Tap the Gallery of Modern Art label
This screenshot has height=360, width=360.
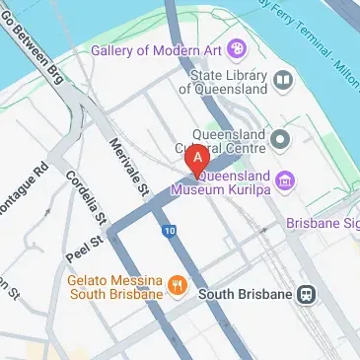(x=156, y=50)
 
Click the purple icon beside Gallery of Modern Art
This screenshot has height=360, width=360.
(x=236, y=48)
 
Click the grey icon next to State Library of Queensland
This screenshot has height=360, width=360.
(x=284, y=79)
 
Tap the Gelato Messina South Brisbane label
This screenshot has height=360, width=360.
(x=114, y=286)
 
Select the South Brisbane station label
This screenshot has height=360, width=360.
(x=246, y=294)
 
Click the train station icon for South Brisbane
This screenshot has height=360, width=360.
(x=308, y=293)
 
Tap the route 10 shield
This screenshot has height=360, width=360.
(x=171, y=231)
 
